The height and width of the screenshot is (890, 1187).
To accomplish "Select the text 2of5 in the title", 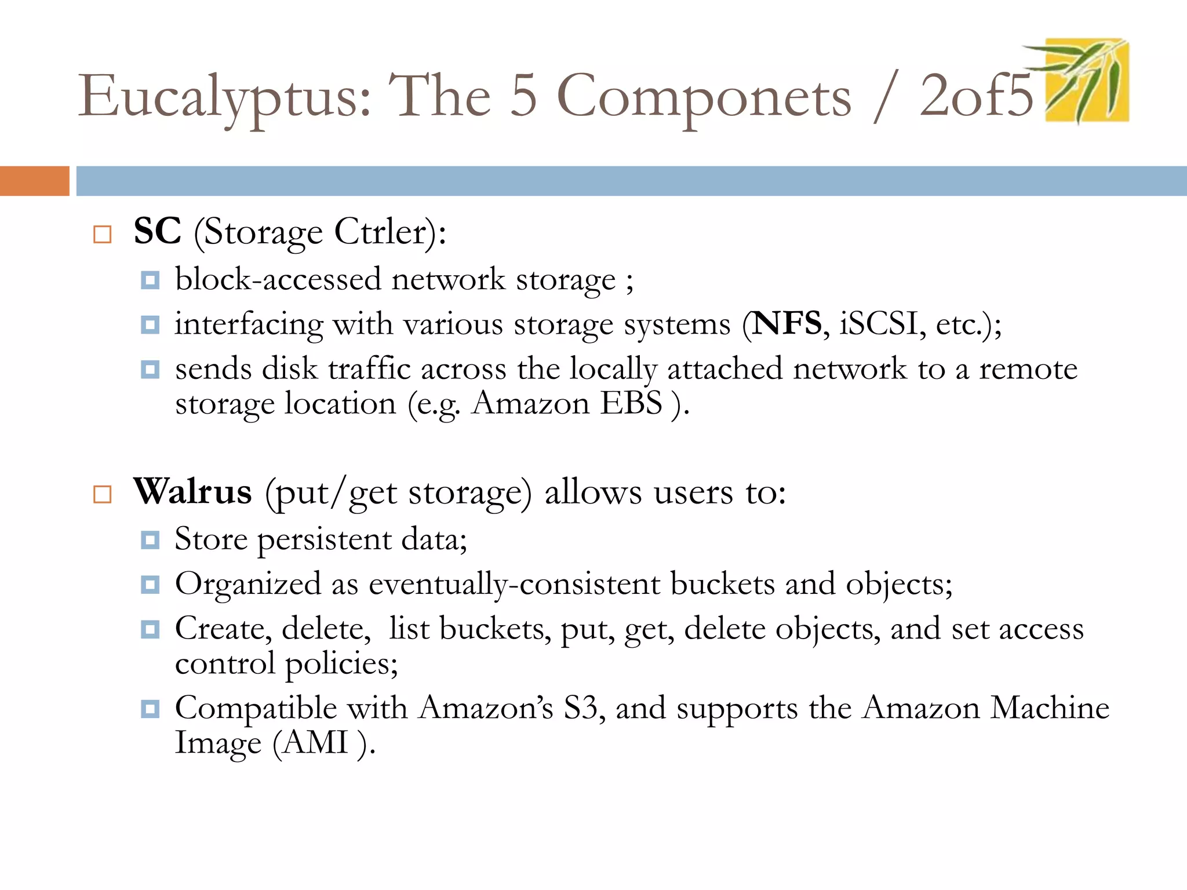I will point(976,96).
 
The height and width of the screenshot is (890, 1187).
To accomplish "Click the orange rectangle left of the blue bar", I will point(34,181).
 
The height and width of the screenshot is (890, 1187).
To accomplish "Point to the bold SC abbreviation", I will point(157,231).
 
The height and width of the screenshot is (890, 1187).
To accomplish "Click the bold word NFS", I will point(787,323).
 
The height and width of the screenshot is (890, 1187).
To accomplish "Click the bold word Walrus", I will point(192,492).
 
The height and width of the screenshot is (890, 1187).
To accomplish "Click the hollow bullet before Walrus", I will point(103,494).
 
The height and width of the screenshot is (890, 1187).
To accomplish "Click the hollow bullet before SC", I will point(103,234).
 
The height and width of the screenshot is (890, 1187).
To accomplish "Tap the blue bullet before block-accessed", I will point(150,280).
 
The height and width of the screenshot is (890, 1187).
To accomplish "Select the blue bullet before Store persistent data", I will point(150,541).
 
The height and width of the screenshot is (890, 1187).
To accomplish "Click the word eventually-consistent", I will point(514,583).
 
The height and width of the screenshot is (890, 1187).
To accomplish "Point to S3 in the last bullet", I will point(580,707).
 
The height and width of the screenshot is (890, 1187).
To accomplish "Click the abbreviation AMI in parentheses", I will point(316,742).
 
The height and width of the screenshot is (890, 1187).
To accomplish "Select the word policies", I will point(341,663).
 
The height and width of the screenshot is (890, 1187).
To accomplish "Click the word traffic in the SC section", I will point(369,369).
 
